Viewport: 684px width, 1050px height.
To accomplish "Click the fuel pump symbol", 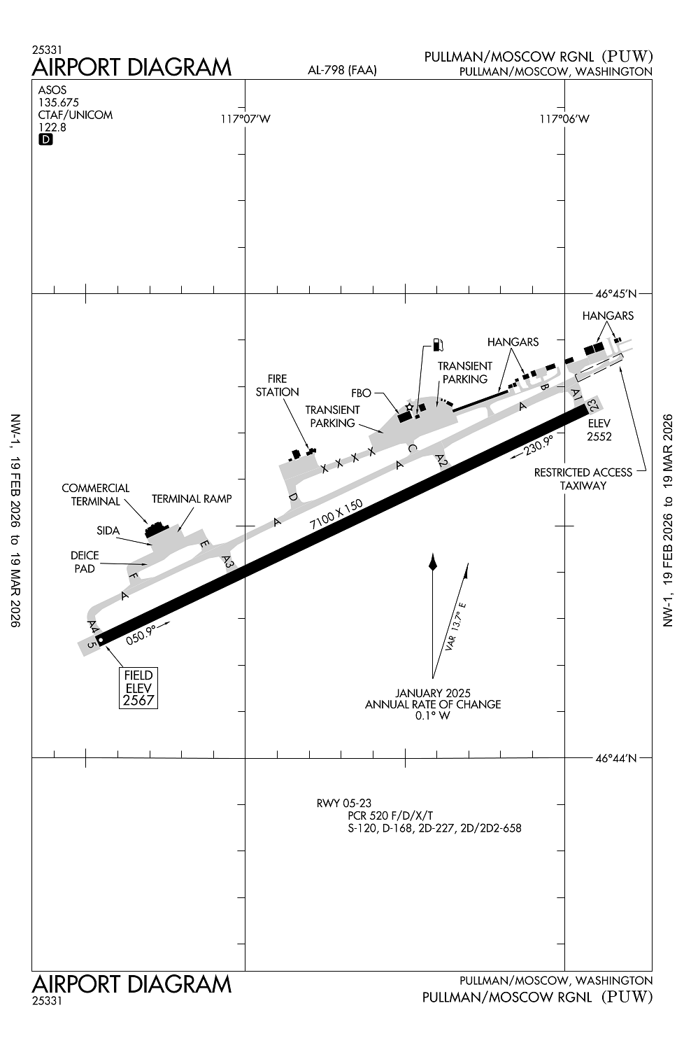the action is click(x=438, y=344).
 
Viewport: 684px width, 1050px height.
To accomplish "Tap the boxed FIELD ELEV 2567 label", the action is click(x=138, y=687).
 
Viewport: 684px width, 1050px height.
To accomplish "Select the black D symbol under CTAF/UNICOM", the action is click(x=45, y=139).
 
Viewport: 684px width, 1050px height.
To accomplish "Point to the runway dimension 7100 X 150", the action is click(x=336, y=514).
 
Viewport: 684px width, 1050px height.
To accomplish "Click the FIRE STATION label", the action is click(x=278, y=385).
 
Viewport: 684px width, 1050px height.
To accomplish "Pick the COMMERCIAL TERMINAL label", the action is click(x=96, y=494).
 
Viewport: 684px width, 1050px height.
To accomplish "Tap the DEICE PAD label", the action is click(x=85, y=561).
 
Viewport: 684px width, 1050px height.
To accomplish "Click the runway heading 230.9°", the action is click(x=539, y=445).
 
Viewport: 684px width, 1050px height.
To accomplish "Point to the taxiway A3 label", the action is click(x=228, y=561).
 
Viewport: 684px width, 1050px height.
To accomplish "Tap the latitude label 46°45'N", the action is click(x=616, y=294).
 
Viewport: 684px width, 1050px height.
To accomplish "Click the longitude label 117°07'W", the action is click(x=245, y=119).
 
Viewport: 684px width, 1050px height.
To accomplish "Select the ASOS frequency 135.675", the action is click(x=59, y=102).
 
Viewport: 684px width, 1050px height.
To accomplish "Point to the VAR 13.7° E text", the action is click(x=456, y=626).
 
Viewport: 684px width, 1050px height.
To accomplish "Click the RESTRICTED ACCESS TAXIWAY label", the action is click(x=583, y=479).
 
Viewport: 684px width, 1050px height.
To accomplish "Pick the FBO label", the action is click(x=361, y=393).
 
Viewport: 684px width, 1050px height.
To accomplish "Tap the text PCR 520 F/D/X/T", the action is click(x=390, y=815).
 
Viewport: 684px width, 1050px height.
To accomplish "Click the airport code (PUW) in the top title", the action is click(x=627, y=56).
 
